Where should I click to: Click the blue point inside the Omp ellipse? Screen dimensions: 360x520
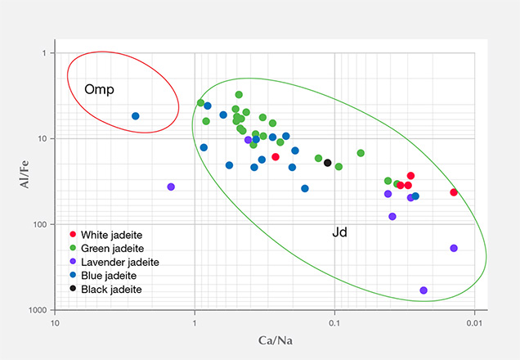[136, 116]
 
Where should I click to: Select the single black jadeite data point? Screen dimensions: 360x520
[328, 163]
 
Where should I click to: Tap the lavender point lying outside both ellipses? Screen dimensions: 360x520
[171, 187]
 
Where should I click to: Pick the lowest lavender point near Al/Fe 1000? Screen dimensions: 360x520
[424, 290]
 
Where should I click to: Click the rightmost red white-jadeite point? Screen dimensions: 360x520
[454, 192]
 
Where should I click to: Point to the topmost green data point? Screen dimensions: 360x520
[239, 95]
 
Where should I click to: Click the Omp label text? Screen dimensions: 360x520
[99, 89]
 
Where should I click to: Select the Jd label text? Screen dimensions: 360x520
[340, 233]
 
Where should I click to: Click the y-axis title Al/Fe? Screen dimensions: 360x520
[26, 182]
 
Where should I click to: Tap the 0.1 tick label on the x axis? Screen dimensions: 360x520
[334, 323]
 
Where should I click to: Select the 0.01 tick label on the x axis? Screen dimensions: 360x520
[473, 323]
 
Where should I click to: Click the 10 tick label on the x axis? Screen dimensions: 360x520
[55, 323]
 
